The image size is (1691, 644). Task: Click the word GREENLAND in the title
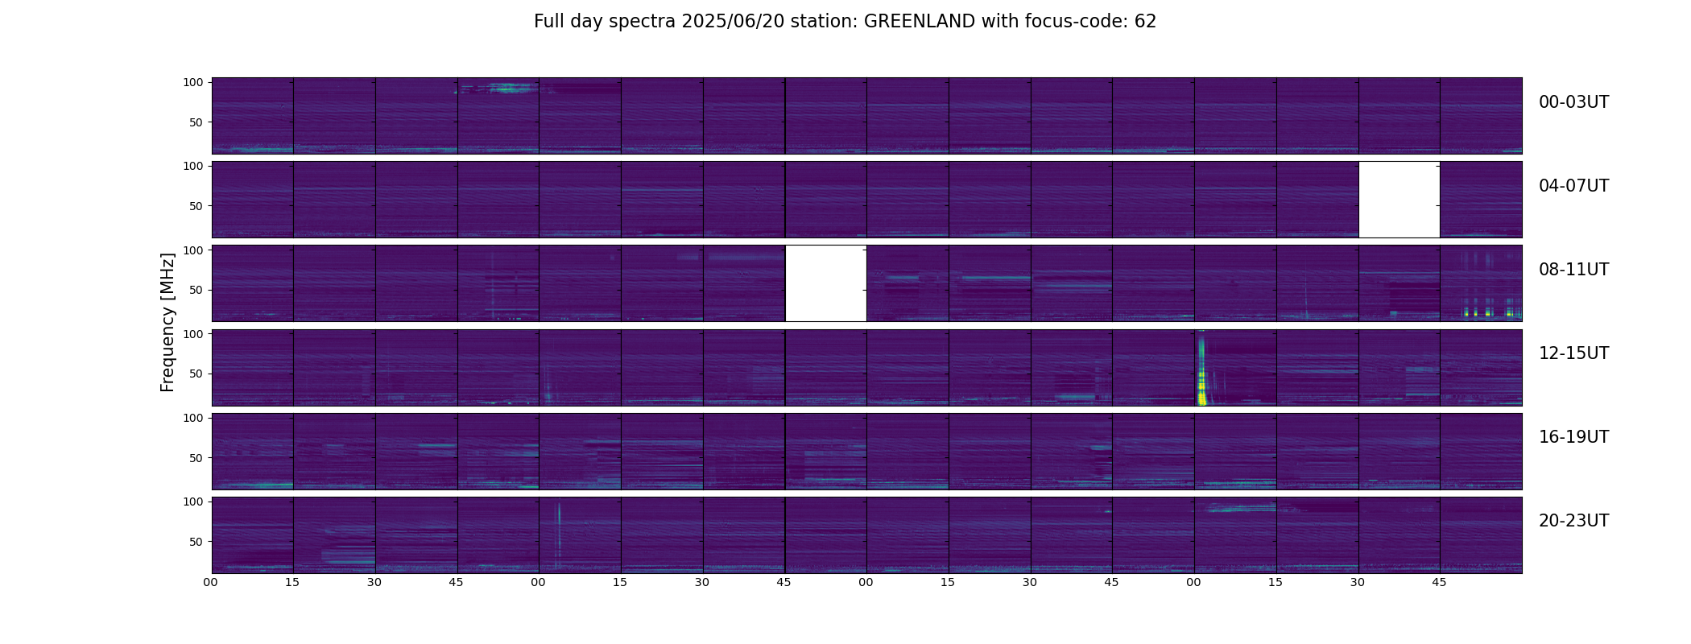point(920,22)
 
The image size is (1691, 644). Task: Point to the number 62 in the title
point(1145,22)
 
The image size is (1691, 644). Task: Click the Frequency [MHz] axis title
point(167,322)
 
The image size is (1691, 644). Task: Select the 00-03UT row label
point(1573,102)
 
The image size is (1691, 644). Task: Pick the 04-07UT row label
point(1573,186)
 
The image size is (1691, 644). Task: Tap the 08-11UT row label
point(1573,270)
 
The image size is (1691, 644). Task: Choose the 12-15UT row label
point(1573,353)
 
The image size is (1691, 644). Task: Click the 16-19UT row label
point(1573,437)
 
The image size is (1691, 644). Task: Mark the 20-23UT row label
point(1573,521)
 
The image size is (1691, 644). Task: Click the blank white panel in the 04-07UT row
point(1399,200)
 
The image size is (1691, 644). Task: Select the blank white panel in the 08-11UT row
point(825,283)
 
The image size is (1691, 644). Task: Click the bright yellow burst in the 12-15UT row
point(1202,378)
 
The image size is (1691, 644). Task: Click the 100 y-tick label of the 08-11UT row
point(193,250)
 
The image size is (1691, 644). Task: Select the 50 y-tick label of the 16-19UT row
point(196,458)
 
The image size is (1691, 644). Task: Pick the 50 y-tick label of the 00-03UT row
point(196,122)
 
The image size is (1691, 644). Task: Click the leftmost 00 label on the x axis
point(211,582)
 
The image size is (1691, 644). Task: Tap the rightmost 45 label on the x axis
point(1439,582)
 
